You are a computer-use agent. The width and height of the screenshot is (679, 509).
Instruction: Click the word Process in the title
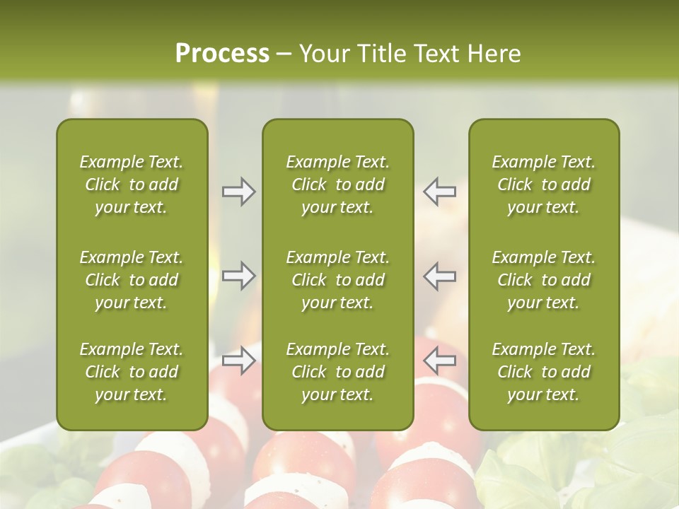tap(222, 54)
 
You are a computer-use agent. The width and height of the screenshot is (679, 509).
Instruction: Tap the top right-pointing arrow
tap(239, 192)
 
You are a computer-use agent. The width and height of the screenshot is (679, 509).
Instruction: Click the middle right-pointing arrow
tap(239, 276)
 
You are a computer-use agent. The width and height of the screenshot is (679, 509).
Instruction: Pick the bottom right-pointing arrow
tap(239, 361)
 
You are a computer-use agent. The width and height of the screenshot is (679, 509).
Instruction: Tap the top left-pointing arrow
tap(439, 192)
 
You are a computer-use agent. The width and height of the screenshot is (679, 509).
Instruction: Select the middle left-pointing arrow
tap(439, 276)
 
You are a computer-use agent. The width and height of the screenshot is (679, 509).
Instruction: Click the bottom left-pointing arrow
tap(439, 361)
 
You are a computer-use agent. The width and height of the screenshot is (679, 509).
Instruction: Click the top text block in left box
tap(132, 185)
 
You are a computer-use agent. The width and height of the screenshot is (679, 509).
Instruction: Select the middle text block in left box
tap(132, 280)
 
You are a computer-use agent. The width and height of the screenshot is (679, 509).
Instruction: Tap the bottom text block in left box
tap(132, 372)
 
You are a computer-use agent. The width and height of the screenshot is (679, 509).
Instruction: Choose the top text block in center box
tap(337, 185)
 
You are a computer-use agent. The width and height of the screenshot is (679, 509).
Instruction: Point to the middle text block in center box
tap(337, 280)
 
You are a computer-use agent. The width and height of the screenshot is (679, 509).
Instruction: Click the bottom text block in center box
tap(337, 372)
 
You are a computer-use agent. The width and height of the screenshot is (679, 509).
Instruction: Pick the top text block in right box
tap(543, 185)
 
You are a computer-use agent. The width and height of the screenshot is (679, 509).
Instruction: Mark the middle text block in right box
tap(543, 280)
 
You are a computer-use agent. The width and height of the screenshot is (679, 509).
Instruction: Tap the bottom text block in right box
tap(543, 372)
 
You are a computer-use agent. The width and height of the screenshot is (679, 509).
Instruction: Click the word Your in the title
tap(323, 54)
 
